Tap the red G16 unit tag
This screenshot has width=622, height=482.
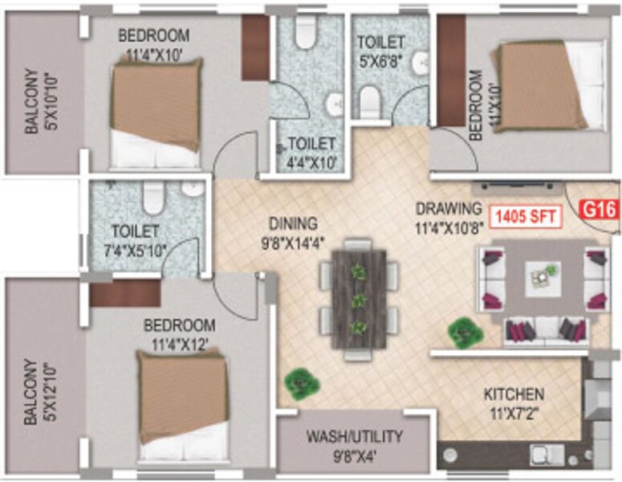click(599, 212)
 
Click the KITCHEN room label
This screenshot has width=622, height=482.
click(514, 394)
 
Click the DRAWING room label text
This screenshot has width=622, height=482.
click(449, 208)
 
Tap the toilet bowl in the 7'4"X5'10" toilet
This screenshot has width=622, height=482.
click(152, 195)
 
